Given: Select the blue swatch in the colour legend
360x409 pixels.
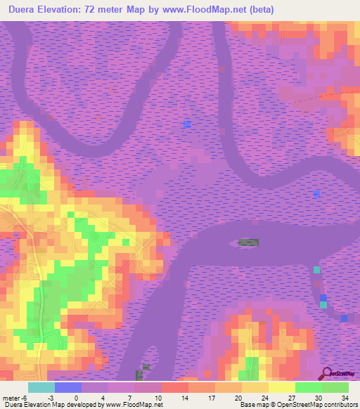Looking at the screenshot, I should pos(67,387).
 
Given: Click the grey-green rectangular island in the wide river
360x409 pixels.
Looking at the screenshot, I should pos(248,242).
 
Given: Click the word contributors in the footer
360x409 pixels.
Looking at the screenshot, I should pos(340,405).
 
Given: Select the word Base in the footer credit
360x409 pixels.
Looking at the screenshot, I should pos(247,405).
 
